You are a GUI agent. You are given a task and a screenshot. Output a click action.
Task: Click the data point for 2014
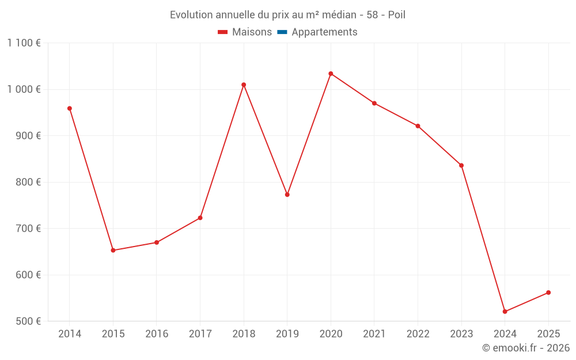tap(70, 108)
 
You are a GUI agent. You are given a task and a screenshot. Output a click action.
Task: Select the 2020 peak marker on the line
tap(331, 74)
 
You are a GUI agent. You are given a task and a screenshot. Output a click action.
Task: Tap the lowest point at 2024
tap(505, 312)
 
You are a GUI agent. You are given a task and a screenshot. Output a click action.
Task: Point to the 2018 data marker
tap(244, 85)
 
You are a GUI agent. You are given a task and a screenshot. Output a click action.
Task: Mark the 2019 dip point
tap(287, 195)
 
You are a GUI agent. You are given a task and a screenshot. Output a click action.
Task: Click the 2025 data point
tap(548, 293)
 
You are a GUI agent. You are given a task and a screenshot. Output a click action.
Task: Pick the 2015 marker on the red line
tap(113, 251)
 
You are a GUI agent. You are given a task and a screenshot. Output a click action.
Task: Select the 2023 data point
tap(461, 165)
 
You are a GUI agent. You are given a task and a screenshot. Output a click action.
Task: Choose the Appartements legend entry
tap(324, 32)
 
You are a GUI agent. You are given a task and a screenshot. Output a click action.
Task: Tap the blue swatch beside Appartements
tap(282, 32)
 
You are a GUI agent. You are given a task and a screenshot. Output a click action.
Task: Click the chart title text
tap(287, 15)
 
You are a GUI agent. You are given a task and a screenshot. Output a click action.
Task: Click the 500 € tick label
tap(27, 321)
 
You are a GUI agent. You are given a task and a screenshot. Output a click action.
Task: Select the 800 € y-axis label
tap(27, 182)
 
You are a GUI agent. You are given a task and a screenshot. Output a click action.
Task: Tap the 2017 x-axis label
tap(200, 334)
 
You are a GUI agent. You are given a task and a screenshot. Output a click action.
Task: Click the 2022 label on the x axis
tap(418, 334)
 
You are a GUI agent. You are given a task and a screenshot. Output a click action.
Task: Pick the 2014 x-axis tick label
tap(70, 334)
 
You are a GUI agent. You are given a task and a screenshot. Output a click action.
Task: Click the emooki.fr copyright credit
tap(525, 348)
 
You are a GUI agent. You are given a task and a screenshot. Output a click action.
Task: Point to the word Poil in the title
tap(396, 15)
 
